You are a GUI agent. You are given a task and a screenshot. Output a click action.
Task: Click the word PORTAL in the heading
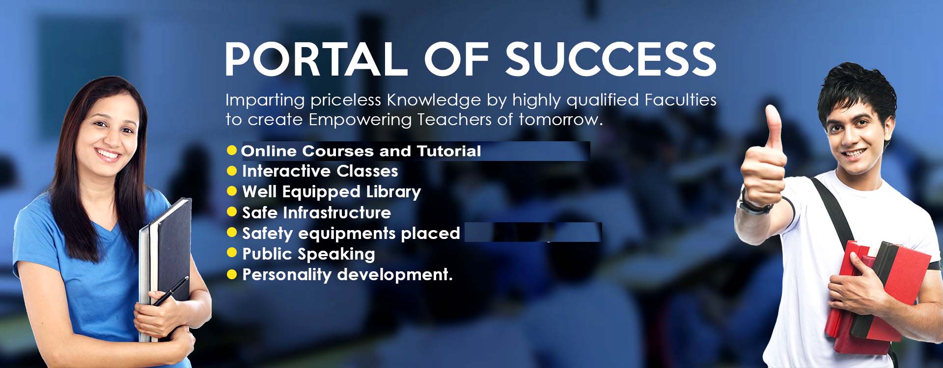316,59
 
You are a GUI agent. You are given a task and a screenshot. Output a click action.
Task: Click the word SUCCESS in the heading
611,59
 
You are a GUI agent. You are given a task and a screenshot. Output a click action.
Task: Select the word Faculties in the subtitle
680,100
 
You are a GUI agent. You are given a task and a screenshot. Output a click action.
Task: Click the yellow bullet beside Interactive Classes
232,171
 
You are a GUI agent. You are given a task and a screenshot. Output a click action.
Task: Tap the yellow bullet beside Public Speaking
232,253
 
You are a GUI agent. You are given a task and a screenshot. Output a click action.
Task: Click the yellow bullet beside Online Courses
232,150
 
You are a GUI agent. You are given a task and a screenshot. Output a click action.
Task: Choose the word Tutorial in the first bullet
449,151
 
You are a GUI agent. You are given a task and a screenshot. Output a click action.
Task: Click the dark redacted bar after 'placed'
533,232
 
